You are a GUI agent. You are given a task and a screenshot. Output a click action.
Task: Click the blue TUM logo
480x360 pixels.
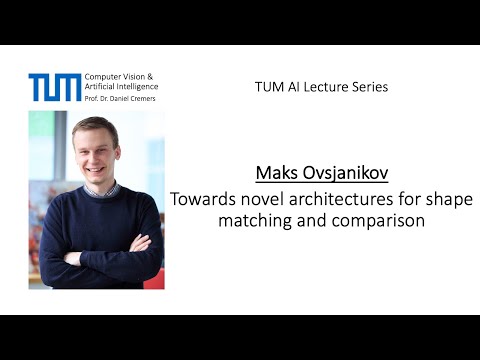point(55,87)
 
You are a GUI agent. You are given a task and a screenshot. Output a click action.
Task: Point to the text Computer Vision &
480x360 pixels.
point(119,77)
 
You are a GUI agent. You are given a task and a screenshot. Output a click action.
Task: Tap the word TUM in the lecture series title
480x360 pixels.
point(267,87)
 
